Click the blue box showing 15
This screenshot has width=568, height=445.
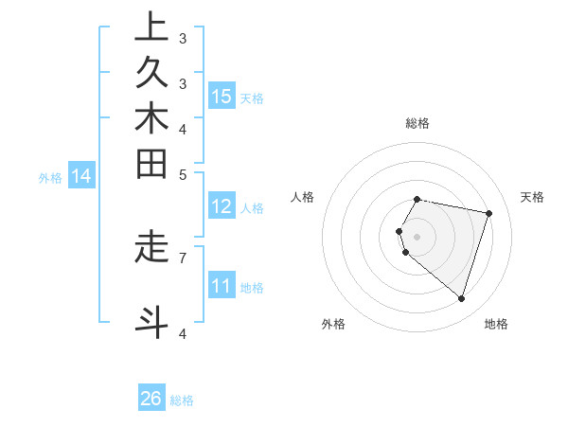222,97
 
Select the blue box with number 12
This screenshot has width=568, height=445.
222,207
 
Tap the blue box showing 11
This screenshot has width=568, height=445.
222,287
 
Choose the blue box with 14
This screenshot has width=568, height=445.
81,176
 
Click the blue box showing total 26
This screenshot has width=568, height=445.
151,400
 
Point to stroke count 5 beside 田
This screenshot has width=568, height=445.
183,174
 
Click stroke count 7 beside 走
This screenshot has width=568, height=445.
183,257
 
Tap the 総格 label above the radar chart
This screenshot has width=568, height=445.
417,123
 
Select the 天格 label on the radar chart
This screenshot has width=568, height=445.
532,197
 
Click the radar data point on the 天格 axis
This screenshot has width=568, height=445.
488,213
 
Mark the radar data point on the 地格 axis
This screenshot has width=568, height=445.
461,298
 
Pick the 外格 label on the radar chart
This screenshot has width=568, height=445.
333,324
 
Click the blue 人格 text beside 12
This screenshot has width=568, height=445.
253,208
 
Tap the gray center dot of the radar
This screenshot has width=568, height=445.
417,236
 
